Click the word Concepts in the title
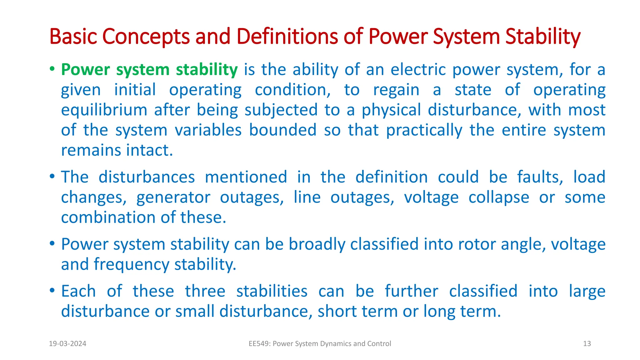click(x=146, y=37)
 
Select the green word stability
click(x=207, y=69)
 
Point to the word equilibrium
click(x=104, y=110)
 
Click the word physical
click(x=391, y=110)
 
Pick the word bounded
click(x=282, y=130)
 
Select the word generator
click(x=173, y=197)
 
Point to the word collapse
click(x=499, y=197)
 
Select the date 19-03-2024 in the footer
click(x=67, y=344)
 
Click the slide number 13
click(x=587, y=344)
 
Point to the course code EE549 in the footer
click(x=259, y=344)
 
